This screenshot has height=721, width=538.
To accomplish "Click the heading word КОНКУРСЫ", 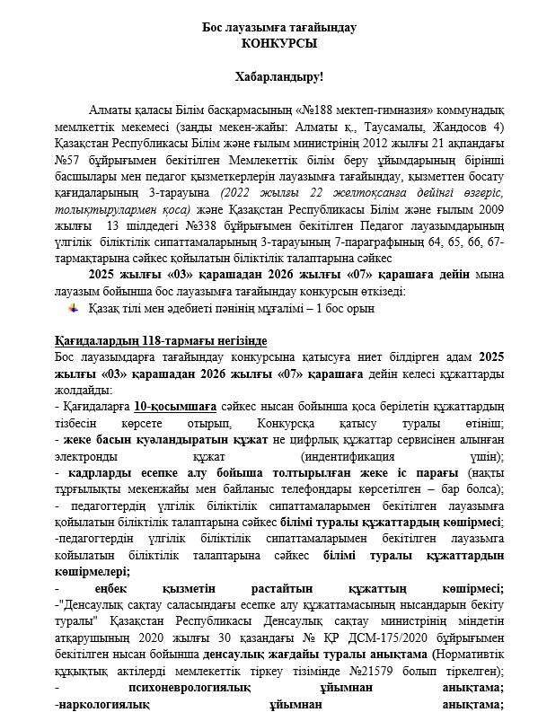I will pyautogui.click(x=279, y=42).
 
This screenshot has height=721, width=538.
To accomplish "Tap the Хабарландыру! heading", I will pyautogui.click(x=278, y=78).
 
